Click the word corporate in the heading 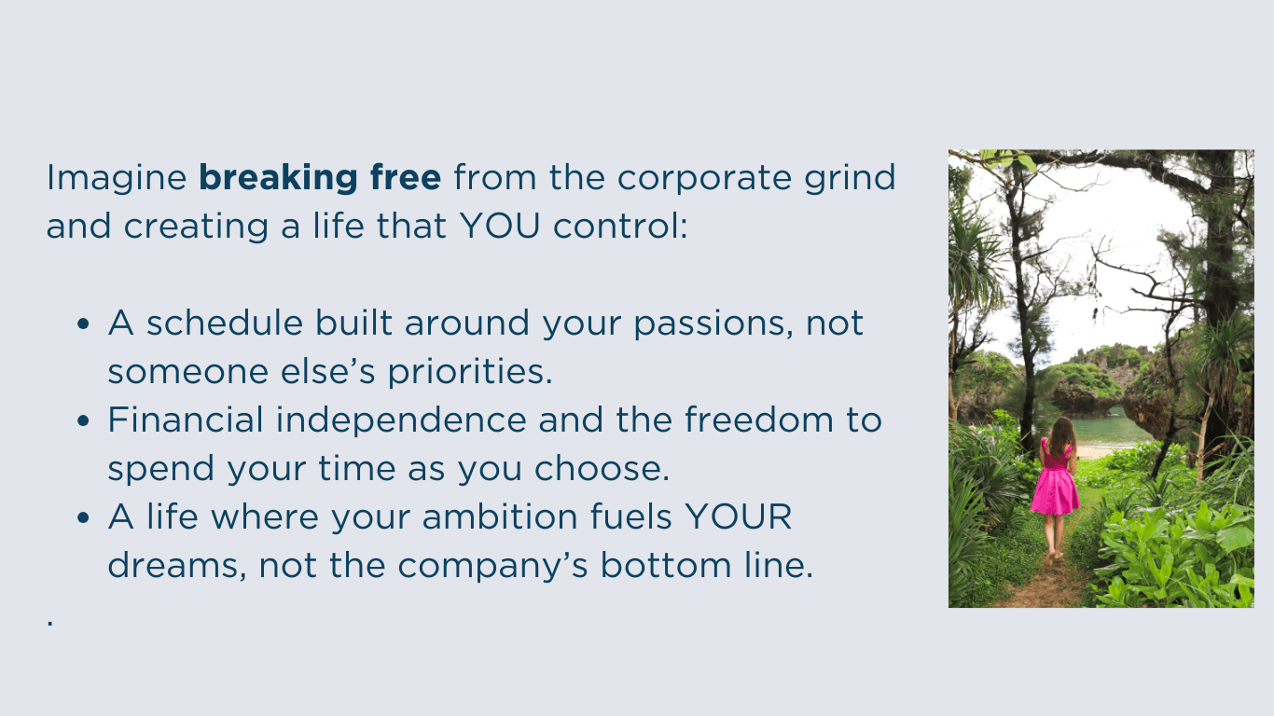tap(704, 180)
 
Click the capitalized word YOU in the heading tap(500, 226)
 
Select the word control tap(620, 226)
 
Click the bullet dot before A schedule tap(83, 324)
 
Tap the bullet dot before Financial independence tap(83, 420)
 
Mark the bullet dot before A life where tap(83, 517)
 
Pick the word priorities tap(470, 373)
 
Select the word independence tap(402, 421)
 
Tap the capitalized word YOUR tap(738, 516)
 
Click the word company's tap(492, 567)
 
